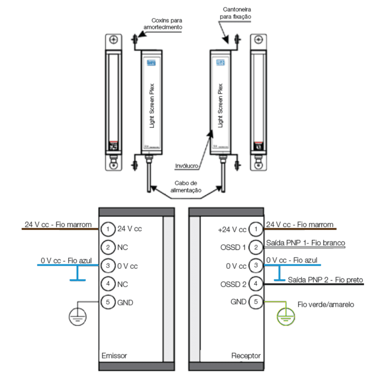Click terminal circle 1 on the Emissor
[108, 229]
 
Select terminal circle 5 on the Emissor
[108, 302]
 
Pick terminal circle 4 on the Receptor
[256, 283]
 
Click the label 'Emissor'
[114, 356]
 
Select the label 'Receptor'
[246, 356]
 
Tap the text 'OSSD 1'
[233, 248]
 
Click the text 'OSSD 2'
[233, 284]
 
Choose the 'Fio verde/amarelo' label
[326, 305]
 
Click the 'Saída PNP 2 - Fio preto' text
[325, 280]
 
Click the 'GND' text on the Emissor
[125, 303]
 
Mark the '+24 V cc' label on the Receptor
[232, 229]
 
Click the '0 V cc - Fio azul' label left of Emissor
[67, 261]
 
